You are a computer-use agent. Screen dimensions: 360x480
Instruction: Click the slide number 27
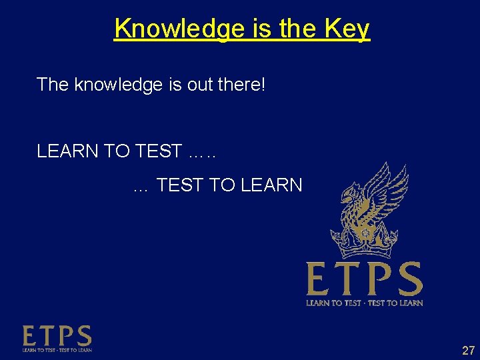click(x=467, y=350)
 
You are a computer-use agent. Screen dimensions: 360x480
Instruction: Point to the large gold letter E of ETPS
click(x=318, y=279)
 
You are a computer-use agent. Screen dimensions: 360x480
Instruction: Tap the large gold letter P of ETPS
click(x=374, y=279)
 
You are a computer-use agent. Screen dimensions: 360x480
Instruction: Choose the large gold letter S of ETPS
click(x=407, y=279)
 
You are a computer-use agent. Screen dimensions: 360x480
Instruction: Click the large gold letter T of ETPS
click(x=346, y=279)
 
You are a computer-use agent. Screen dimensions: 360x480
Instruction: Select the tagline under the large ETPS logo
click(x=364, y=303)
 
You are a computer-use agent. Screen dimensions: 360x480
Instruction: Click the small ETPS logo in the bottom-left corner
click(x=57, y=339)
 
